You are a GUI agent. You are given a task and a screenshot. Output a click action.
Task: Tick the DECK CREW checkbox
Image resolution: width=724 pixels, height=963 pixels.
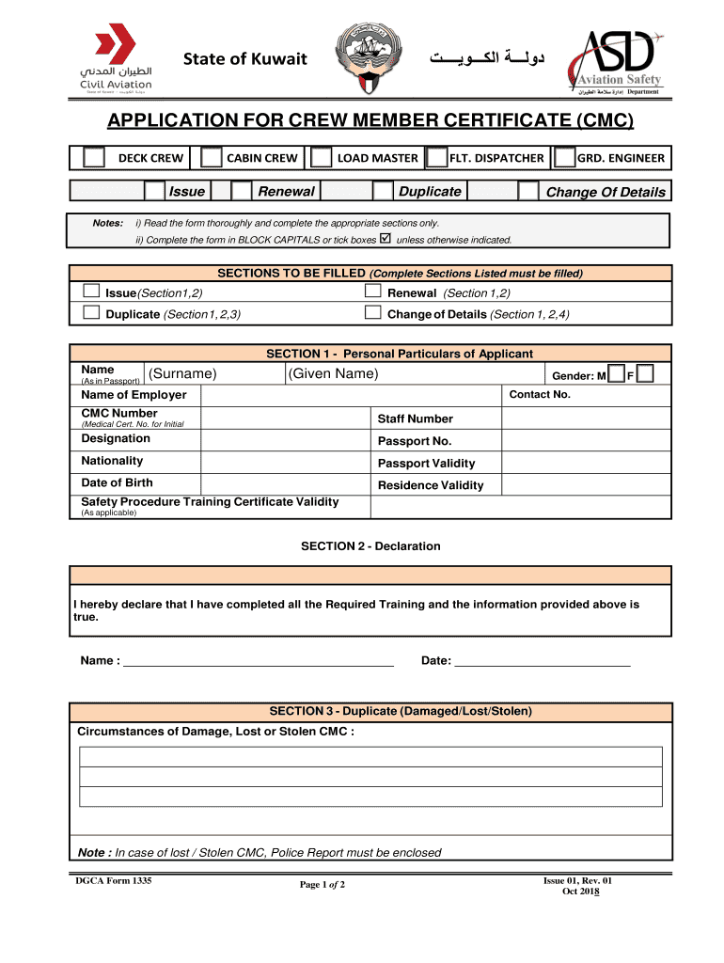pos(94,158)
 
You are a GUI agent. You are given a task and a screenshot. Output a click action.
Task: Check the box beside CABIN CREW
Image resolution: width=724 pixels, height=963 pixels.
pos(212,158)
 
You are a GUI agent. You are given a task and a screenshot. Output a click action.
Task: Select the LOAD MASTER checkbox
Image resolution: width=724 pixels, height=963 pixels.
pos(322,158)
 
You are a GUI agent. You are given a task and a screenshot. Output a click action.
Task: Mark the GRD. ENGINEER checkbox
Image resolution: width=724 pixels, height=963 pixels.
pos(564,158)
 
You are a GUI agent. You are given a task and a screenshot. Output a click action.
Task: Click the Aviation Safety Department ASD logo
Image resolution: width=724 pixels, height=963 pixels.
pos(618,62)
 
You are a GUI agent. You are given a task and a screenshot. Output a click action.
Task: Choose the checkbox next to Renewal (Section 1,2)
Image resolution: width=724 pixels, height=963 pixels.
pos(372,292)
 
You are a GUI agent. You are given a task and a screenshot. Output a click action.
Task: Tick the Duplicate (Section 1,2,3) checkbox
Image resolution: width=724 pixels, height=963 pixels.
pos(91,313)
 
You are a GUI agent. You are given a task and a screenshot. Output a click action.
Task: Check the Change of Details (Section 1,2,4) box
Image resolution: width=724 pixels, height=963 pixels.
pos(372,313)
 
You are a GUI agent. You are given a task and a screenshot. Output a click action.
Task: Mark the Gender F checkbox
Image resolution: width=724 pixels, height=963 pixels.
pos(645,374)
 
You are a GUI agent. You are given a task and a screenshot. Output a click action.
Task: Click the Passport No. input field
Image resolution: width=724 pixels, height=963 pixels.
pos(586,441)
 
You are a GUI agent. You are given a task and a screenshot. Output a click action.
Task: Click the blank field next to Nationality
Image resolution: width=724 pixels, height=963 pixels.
pos(286,461)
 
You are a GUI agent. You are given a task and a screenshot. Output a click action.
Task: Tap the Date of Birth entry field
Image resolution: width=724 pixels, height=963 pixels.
pos(286,483)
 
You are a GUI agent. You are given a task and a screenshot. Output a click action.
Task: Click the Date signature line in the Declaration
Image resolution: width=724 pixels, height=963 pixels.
pos(542,660)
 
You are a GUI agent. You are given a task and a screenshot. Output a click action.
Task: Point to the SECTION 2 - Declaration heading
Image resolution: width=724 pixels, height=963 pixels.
pos(370,546)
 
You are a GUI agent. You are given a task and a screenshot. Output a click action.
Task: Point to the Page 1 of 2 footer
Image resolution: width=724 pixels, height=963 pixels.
pos(323,885)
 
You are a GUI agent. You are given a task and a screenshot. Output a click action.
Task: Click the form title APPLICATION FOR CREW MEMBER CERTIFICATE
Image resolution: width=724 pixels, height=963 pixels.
pos(370,121)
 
